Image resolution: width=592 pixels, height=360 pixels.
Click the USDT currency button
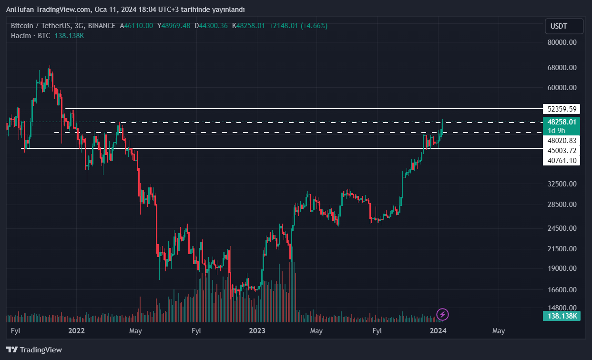[x=564, y=26]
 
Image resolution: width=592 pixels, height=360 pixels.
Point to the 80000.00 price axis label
[x=562, y=42]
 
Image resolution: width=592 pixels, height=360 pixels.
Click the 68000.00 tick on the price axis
[x=562, y=68]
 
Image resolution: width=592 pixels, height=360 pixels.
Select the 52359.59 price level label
[x=562, y=109]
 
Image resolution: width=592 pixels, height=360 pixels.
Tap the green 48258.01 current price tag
[x=562, y=122]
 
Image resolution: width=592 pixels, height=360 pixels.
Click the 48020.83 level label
[x=562, y=141]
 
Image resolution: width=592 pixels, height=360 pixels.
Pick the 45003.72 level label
[x=562, y=151]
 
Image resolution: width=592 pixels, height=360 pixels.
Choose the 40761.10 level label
[x=562, y=161]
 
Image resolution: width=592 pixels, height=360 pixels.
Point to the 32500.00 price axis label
[x=562, y=184]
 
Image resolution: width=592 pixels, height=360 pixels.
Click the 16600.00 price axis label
[x=562, y=290]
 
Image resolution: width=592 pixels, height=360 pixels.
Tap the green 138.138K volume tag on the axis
[x=562, y=316]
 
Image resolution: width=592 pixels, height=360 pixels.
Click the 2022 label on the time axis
[x=76, y=330]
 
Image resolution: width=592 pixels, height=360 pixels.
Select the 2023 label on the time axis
[x=257, y=330]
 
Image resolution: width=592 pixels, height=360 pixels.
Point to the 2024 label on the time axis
[x=438, y=330]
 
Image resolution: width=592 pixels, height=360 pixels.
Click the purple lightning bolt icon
[x=443, y=314]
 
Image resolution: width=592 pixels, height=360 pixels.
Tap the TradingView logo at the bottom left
[x=34, y=350]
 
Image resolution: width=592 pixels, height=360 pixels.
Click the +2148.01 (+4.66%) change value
[x=298, y=26]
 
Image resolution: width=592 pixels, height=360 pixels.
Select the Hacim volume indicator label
[x=21, y=36]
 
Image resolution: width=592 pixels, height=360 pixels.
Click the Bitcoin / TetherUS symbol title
[x=42, y=26]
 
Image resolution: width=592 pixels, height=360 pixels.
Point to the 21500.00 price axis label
[x=562, y=249]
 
